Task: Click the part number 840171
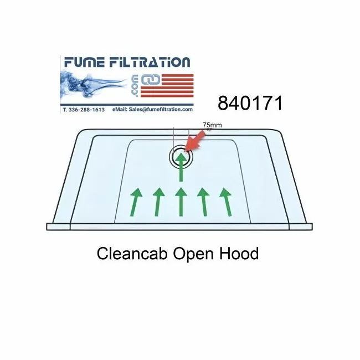pyautogui.click(x=250, y=103)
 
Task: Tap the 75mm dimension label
pyautogui.click(x=212, y=125)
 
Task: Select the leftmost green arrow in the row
pyautogui.click(x=136, y=202)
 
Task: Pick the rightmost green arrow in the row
pyautogui.click(x=226, y=202)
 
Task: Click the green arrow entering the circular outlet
pyautogui.click(x=181, y=167)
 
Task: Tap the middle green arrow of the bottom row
pyautogui.click(x=181, y=202)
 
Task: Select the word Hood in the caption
pyautogui.click(x=239, y=254)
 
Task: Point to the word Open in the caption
pyautogui.click(x=193, y=255)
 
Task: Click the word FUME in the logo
pyautogui.click(x=85, y=62)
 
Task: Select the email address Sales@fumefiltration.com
pyautogui.click(x=161, y=110)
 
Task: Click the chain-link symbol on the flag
pyautogui.click(x=151, y=80)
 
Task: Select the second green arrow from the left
pyautogui.click(x=158, y=202)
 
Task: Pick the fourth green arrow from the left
pyautogui.click(x=203, y=202)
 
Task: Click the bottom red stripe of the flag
pyautogui.click(x=167, y=95)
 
